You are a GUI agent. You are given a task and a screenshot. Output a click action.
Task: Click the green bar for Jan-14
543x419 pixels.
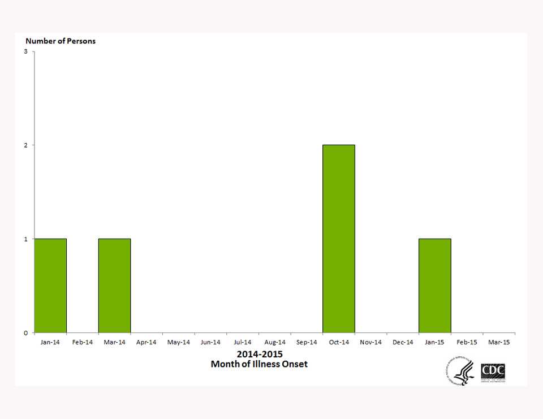pyautogui.click(x=50, y=286)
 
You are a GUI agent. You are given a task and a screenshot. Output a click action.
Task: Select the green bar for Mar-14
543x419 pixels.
pyautogui.click(x=114, y=286)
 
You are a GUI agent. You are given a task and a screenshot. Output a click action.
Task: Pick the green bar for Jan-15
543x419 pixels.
pyautogui.click(x=435, y=286)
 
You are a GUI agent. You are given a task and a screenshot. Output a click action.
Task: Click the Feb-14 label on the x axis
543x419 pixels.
pyautogui.click(x=83, y=342)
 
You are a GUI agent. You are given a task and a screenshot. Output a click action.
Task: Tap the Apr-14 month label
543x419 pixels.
pyautogui.click(x=146, y=342)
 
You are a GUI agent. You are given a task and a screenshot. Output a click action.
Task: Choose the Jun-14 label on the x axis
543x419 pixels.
pyautogui.click(x=210, y=342)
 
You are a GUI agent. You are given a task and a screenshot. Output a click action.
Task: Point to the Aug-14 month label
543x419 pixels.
pyautogui.click(x=275, y=342)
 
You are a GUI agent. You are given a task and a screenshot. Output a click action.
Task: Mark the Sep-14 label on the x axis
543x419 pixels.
pyautogui.click(x=307, y=342)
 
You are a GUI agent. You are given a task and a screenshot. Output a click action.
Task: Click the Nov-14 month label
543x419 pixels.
pyautogui.click(x=371, y=342)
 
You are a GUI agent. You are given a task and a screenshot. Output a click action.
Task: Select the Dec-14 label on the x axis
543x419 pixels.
pyautogui.click(x=403, y=342)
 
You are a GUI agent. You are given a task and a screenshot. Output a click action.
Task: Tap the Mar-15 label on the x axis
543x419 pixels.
pyautogui.click(x=499, y=342)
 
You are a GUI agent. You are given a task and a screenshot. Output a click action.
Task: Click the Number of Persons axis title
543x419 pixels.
pyautogui.click(x=61, y=41)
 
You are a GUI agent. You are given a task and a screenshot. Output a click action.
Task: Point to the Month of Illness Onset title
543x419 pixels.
pyautogui.click(x=259, y=364)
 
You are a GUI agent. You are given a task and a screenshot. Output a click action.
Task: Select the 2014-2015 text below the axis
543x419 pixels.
pyautogui.click(x=260, y=355)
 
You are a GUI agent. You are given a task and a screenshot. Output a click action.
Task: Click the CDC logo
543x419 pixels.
pyautogui.click(x=493, y=373)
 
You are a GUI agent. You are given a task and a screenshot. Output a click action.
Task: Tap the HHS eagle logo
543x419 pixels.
pyautogui.click(x=460, y=373)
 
